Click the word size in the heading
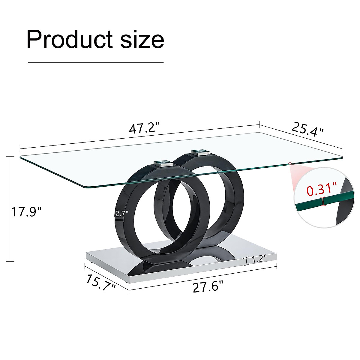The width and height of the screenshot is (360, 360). click(142, 40)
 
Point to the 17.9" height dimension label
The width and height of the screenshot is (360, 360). click(26, 212)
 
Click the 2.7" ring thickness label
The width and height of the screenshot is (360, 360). click(122, 214)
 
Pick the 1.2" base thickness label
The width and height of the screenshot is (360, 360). click(259, 259)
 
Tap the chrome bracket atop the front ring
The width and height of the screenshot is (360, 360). click(163, 164)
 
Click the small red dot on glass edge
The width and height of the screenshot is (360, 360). click(290, 163)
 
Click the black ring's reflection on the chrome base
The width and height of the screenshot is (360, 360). click(156, 267)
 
